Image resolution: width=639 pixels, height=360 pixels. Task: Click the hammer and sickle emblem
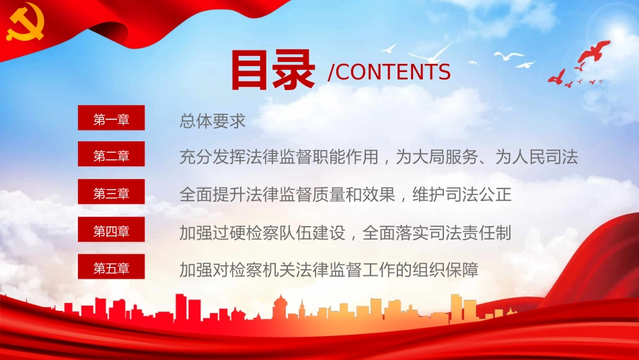[26, 28]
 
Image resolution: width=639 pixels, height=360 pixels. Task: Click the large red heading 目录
[273, 69]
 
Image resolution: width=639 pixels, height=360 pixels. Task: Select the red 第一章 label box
[112, 120]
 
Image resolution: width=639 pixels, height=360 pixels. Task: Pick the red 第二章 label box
[112, 156]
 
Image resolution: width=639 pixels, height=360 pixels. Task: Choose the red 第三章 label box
[112, 194]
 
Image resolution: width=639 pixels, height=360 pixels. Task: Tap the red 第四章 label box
[112, 231]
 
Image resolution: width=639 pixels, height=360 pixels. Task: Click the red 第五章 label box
[112, 268]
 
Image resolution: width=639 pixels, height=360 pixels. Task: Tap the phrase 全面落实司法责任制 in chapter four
[437, 233]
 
